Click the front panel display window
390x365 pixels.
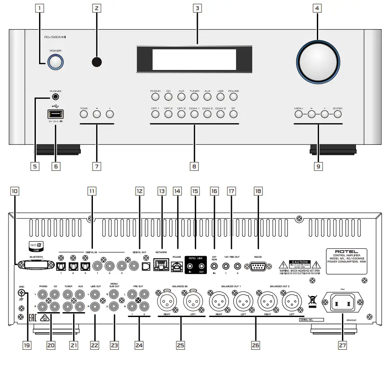click(x=194, y=59)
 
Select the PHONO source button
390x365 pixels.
click(x=155, y=96)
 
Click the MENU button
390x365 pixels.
click(x=299, y=114)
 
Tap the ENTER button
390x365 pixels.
click(x=337, y=114)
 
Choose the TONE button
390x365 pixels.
click(x=84, y=114)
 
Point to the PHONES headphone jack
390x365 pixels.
click(x=56, y=96)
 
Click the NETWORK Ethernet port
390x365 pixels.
click(x=160, y=266)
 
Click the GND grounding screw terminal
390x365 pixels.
click(x=21, y=293)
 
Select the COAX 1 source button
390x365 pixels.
click(x=194, y=114)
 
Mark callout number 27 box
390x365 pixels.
click(x=342, y=346)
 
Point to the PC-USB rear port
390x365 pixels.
click(x=176, y=266)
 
